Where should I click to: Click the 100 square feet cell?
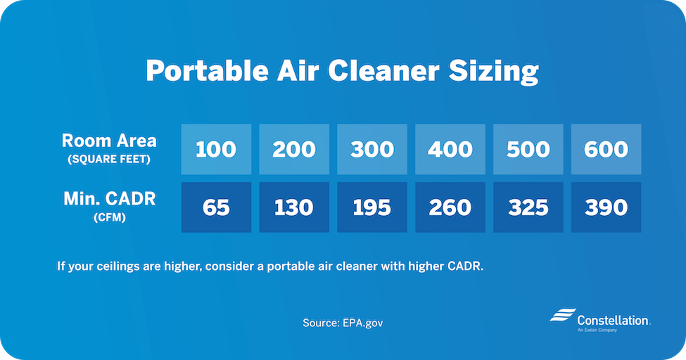[x=216, y=149]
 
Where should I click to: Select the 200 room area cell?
[x=294, y=149]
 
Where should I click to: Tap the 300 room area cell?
[x=372, y=149]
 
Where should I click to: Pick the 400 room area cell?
[x=450, y=149]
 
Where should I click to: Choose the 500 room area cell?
[x=528, y=149]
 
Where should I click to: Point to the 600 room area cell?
[x=606, y=149]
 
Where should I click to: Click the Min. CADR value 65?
[x=216, y=207]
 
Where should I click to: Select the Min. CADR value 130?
[x=294, y=207]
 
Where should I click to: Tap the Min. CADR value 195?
[x=372, y=207]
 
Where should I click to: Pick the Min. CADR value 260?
[x=450, y=207]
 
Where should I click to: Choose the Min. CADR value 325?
[x=528, y=207]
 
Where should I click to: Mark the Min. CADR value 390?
[x=606, y=207]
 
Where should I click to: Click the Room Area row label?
[x=109, y=141]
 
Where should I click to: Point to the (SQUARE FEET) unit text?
[x=109, y=160]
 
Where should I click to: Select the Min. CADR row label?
[x=109, y=198]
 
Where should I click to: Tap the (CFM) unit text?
[x=109, y=217]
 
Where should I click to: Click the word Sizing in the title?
[x=493, y=71]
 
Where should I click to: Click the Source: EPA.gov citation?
[x=343, y=323]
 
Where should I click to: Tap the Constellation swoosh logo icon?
[x=563, y=315]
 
